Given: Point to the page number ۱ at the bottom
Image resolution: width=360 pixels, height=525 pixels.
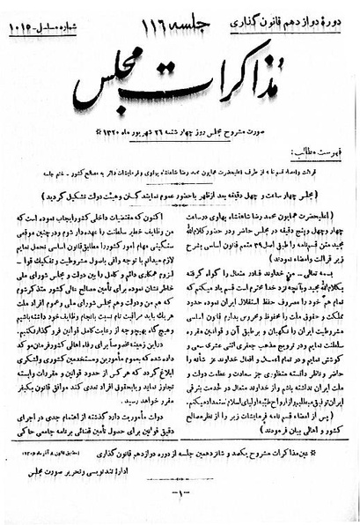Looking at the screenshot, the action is click(x=177, y=505).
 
